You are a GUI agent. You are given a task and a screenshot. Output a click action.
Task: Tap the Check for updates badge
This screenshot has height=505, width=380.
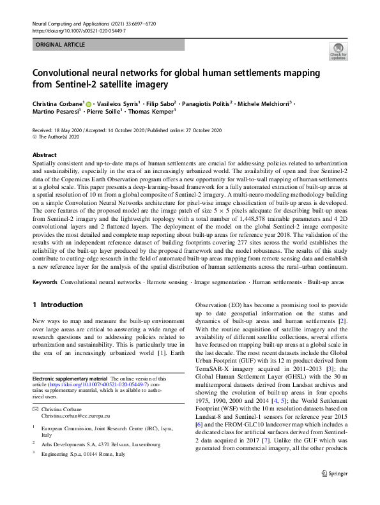[338, 51]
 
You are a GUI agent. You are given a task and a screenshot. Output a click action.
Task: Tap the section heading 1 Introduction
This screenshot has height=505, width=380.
[60, 305]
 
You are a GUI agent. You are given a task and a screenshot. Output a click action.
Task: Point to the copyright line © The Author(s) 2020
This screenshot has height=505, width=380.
[58, 136]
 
